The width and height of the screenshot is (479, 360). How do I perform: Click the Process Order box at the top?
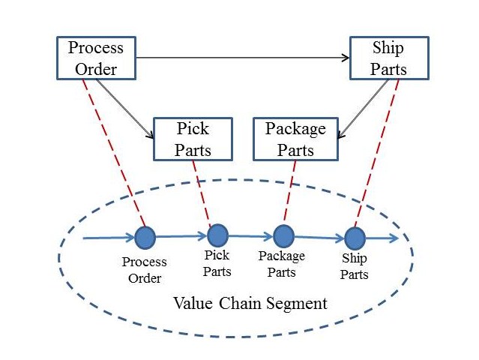tap(96, 58)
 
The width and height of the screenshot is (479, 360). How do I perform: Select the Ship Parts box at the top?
tap(389, 58)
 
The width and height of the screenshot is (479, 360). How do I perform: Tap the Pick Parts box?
tap(193, 139)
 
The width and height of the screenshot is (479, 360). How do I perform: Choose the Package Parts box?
tap(295, 139)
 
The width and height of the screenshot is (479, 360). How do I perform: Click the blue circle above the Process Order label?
tap(145, 238)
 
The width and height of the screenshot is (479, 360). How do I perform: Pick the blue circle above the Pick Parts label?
tap(217, 235)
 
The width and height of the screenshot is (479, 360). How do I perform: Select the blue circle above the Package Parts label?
tap(283, 236)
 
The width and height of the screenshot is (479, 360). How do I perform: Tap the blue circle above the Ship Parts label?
tap(355, 238)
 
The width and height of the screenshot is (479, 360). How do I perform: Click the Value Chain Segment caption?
tap(250, 304)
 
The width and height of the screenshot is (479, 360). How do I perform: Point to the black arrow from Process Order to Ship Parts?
tap(244, 58)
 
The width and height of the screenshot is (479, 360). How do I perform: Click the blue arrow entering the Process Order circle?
tap(109, 238)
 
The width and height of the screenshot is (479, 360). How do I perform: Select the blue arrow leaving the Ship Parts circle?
tap(382, 239)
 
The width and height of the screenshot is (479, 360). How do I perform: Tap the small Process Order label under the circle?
tap(145, 271)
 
